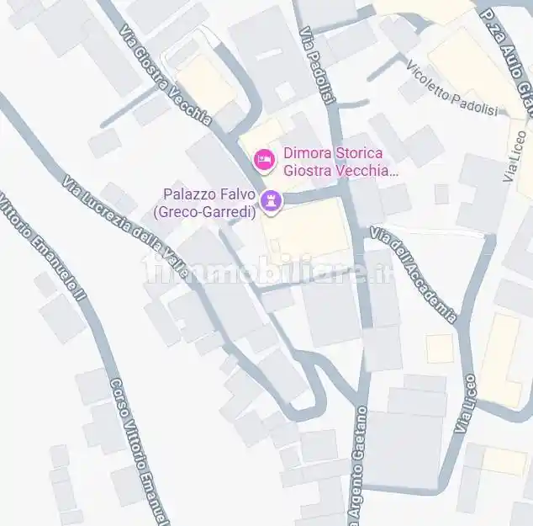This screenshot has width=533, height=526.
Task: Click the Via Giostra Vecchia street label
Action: [x=165, y=75]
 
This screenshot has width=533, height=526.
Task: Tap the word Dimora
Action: [x=305, y=153]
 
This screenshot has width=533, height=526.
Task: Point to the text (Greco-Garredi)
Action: [x=204, y=211]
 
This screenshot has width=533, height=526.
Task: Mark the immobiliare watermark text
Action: [x=267, y=271]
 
